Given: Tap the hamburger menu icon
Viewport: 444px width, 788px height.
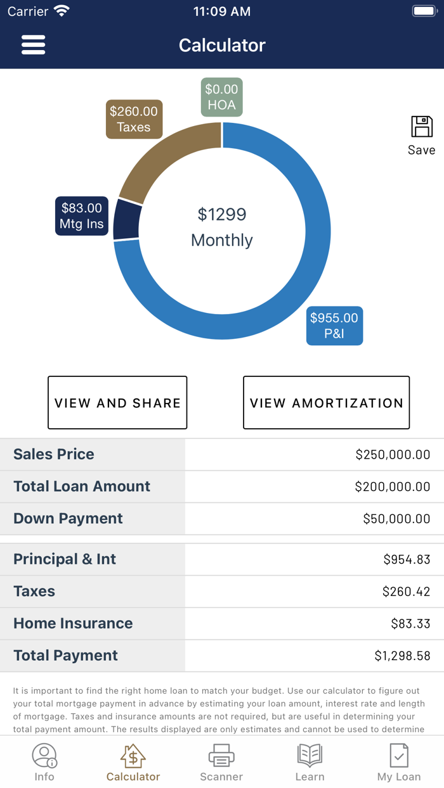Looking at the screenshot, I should tap(33, 45).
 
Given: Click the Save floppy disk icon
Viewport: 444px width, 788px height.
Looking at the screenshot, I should tap(421, 127).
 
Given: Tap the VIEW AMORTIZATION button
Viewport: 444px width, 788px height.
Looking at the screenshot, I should tap(326, 403).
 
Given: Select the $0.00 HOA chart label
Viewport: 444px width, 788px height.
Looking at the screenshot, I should tap(221, 98).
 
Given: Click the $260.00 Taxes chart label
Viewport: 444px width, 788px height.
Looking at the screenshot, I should tap(134, 119).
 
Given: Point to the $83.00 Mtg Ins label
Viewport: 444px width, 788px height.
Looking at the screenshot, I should tap(81, 216).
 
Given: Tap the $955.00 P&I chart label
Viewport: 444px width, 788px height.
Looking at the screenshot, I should tap(334, 326).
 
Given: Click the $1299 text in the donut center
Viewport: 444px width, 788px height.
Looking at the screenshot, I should tap(221, 214).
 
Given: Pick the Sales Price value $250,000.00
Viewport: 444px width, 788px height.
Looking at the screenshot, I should tap(393, 454).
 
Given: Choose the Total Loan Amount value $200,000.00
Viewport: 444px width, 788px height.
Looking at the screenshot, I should tap(393, 486).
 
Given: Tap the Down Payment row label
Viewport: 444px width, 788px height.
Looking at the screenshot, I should tap(68, 518).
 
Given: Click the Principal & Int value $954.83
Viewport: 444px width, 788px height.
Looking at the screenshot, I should tap(407, 559).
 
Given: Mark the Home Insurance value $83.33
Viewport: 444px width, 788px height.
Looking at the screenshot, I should tap(410, 623).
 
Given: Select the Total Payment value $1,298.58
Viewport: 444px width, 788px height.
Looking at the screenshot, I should tap(402, 656).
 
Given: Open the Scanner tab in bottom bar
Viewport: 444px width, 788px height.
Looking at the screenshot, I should tap(221, 763).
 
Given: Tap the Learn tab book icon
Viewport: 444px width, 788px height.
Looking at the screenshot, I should tap(310, 756).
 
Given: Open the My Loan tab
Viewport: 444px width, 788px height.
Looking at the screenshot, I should tap(399, 763).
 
